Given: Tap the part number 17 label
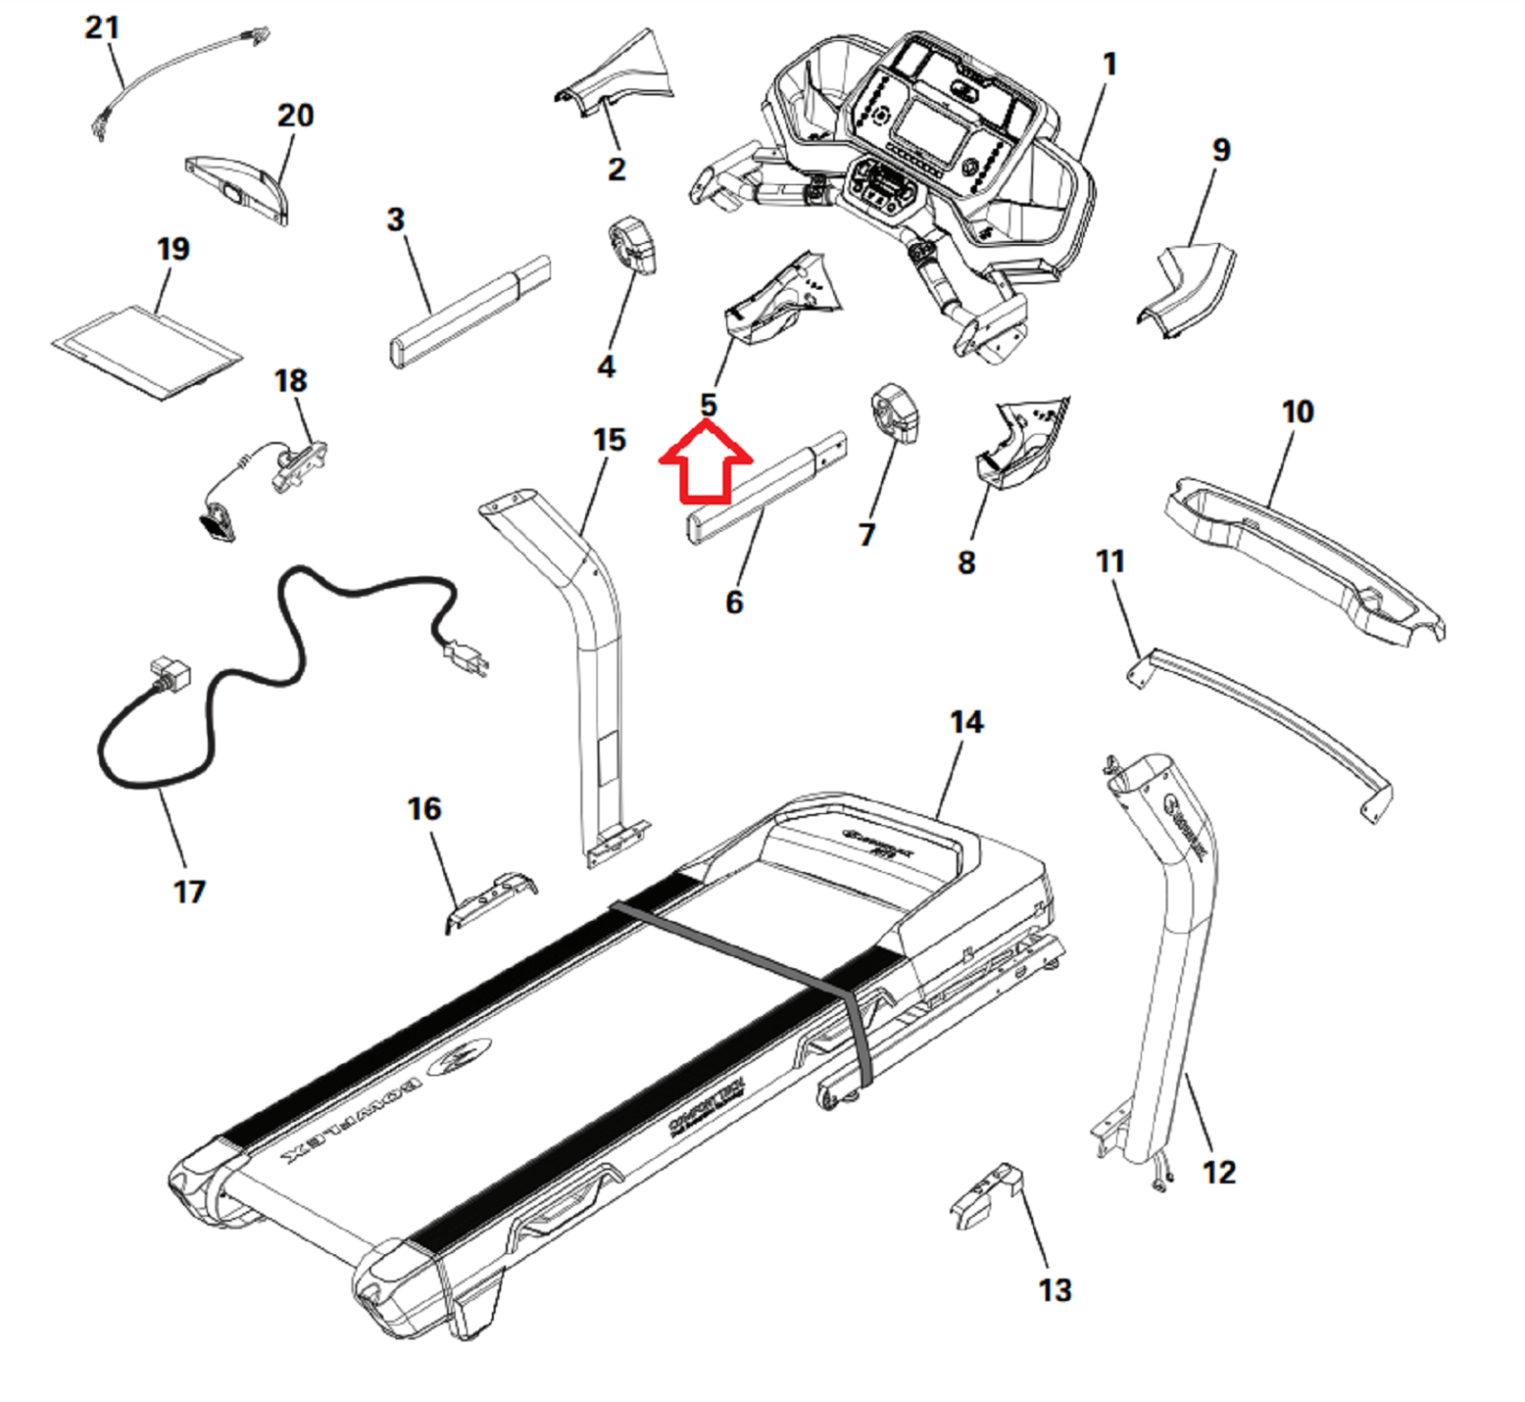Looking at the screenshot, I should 189,892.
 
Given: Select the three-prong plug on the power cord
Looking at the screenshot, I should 466,655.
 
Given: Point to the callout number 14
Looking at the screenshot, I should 966,721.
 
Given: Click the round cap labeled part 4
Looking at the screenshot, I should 632,245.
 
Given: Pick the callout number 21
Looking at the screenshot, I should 102,27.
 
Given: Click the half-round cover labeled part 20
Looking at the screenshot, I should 238,189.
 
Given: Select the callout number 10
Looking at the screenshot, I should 1297,412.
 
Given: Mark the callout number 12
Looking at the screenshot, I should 1219,1171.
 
